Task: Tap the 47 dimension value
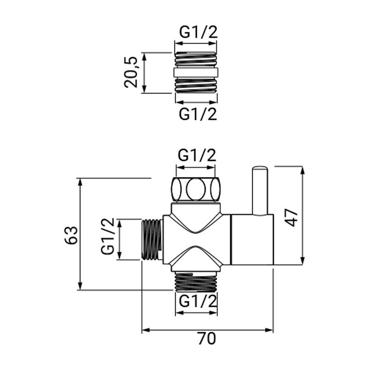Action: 293,216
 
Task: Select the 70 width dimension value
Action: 207,340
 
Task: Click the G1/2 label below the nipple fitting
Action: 197,113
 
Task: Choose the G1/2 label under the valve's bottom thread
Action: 197,302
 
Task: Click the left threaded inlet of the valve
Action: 152,239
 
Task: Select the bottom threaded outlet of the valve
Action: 196,281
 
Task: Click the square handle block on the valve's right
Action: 251,240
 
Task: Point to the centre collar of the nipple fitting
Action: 196,72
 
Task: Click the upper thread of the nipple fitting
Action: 196,59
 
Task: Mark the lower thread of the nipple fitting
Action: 196,85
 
